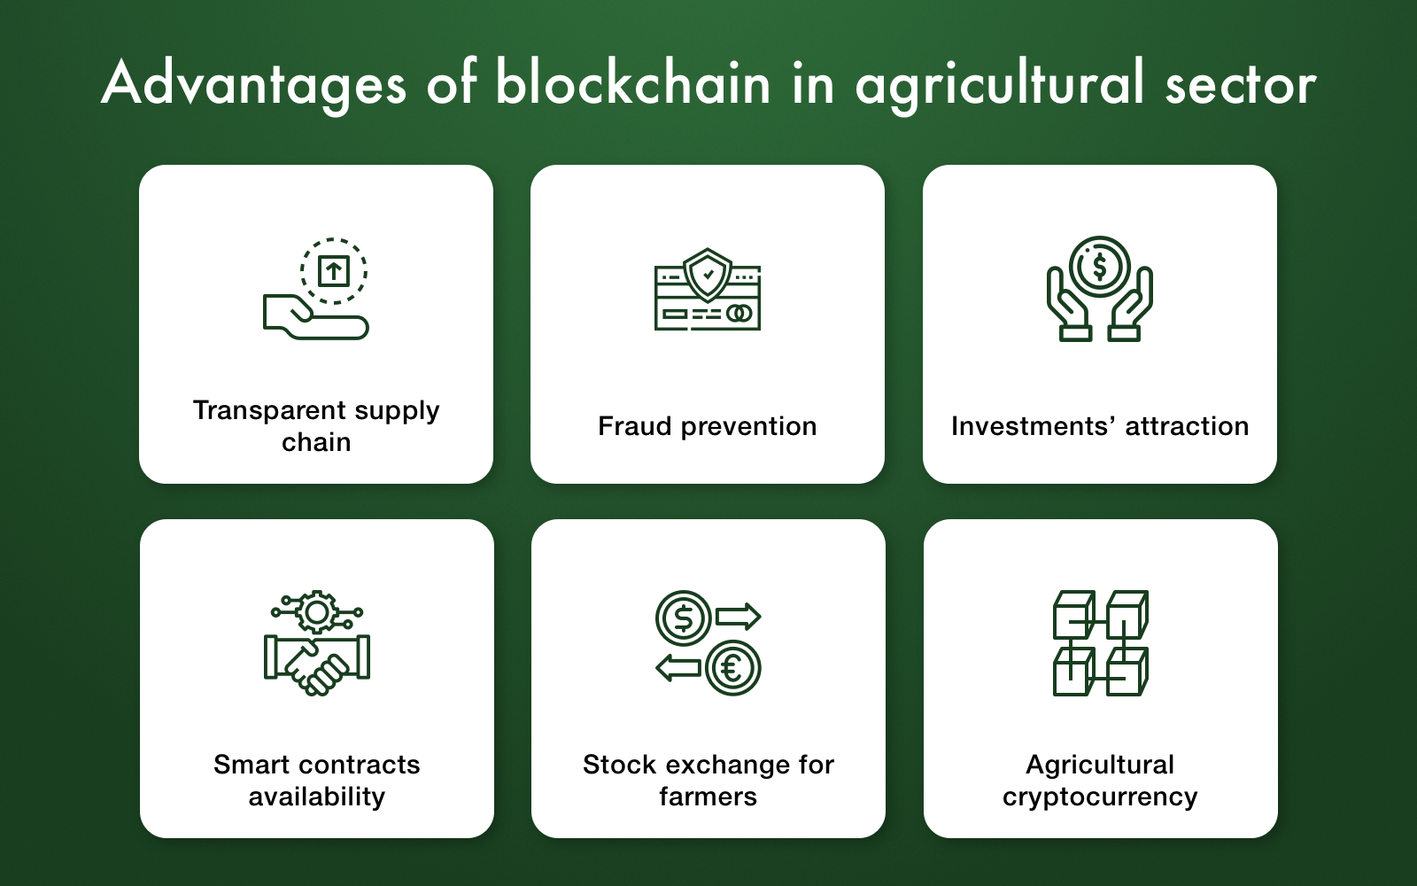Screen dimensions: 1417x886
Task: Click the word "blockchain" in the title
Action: (x=633, y=82)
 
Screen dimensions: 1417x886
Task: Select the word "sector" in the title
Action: (x=1241, y=85)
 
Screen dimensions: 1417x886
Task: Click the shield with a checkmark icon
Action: (x=708, y=275)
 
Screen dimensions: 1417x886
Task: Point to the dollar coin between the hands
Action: (x=1099, y=267)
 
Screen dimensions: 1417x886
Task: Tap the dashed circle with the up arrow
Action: (x=333, y=271)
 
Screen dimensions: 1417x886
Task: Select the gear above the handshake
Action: (x=317, y=612)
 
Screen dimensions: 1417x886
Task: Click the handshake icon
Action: (x=317, y=665)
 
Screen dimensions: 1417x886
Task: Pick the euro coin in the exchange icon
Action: (x=733, y=668)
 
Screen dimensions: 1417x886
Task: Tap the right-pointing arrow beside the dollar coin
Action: (x=738, y=617)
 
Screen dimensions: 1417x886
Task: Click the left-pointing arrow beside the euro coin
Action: (x=678, y=668)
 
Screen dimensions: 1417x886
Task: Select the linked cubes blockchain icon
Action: (x=1101, y=643)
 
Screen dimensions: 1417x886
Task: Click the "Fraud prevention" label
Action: (x=708, y=426)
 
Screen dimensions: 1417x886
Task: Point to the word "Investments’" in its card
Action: (x=1034, y=426)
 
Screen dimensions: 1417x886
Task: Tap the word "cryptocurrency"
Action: (x=1100, y=797)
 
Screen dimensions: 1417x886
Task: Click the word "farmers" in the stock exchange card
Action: (x=708, y=797)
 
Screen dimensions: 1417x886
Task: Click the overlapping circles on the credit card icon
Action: (x=739, y=314)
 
